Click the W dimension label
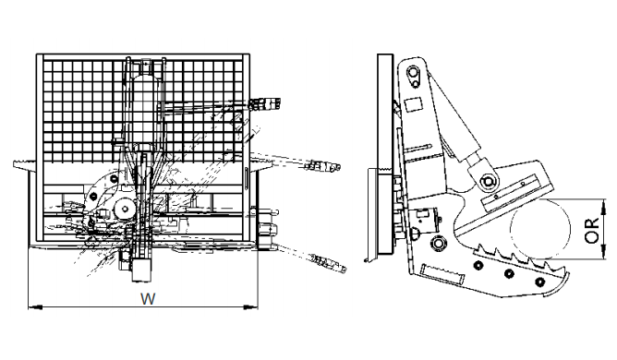(146, 297)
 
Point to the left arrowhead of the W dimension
(32, 306)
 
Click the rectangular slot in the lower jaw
(436, 273)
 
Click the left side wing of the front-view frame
(27, 165)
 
